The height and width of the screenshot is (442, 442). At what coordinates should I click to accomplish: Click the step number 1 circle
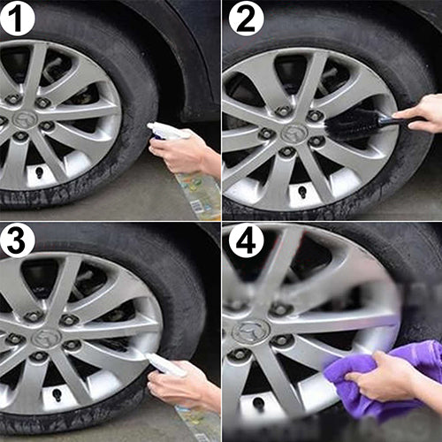17,18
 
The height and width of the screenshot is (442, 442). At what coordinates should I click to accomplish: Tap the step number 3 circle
17,240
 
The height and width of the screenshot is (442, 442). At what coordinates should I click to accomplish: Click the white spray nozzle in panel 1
164,131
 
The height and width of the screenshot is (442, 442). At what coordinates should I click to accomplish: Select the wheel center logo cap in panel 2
294,132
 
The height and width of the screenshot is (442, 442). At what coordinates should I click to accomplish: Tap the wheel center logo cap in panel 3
47,338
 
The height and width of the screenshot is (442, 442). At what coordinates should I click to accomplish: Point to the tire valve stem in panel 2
302,192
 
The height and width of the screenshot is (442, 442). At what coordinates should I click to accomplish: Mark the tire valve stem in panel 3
56,394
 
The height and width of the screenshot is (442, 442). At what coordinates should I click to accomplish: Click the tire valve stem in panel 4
258,404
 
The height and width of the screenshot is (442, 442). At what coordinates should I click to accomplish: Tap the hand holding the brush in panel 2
425,113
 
